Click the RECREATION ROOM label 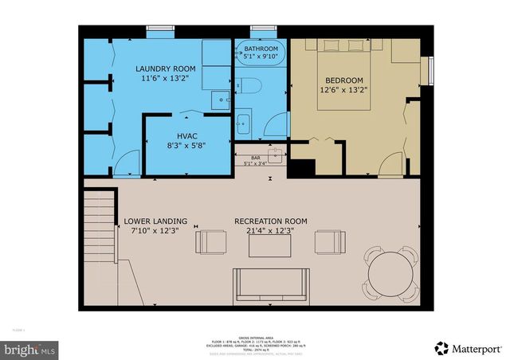[x=270, y=221]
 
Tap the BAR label [x=256, y=158]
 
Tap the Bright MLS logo [x=30, y=349]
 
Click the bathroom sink [x=244, y=124]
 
